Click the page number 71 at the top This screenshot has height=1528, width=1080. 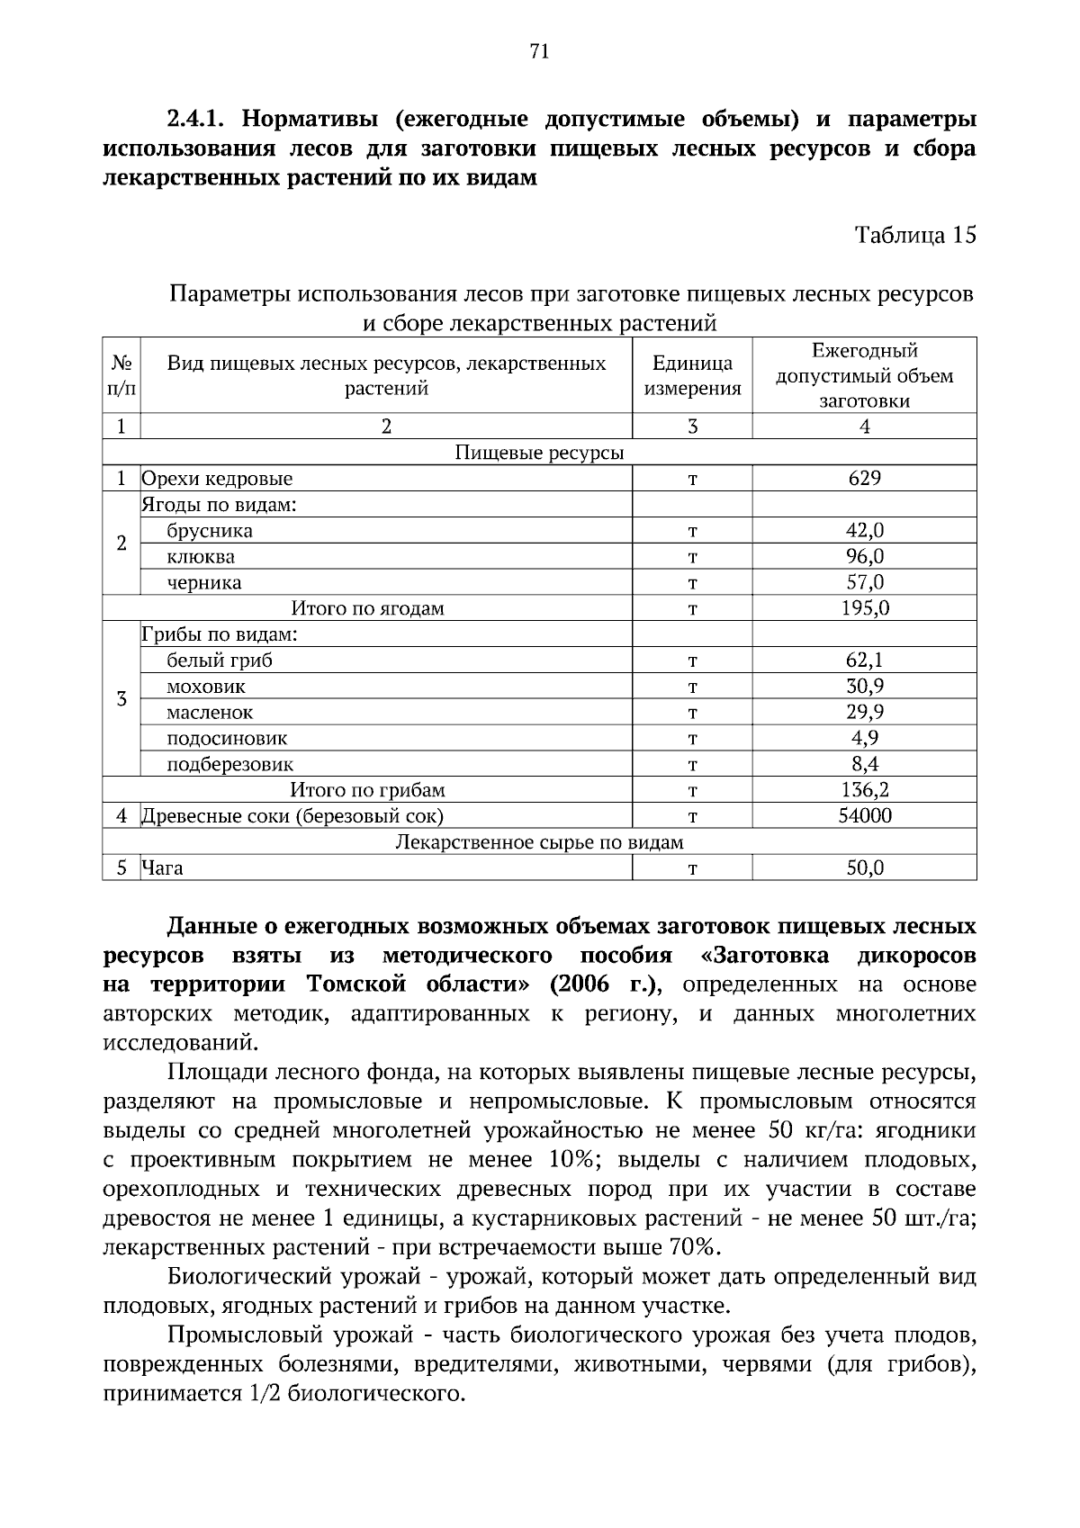539,51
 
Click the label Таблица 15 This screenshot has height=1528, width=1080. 914,236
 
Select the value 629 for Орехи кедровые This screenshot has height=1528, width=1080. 864,479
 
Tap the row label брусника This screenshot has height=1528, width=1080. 210,531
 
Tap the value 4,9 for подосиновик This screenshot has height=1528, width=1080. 864,739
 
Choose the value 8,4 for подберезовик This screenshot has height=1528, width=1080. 864,765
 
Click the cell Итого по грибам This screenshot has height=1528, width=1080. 367,791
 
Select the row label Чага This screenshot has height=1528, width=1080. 162,868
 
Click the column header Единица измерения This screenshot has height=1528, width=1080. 692,376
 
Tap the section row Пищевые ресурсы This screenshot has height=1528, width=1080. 539,453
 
